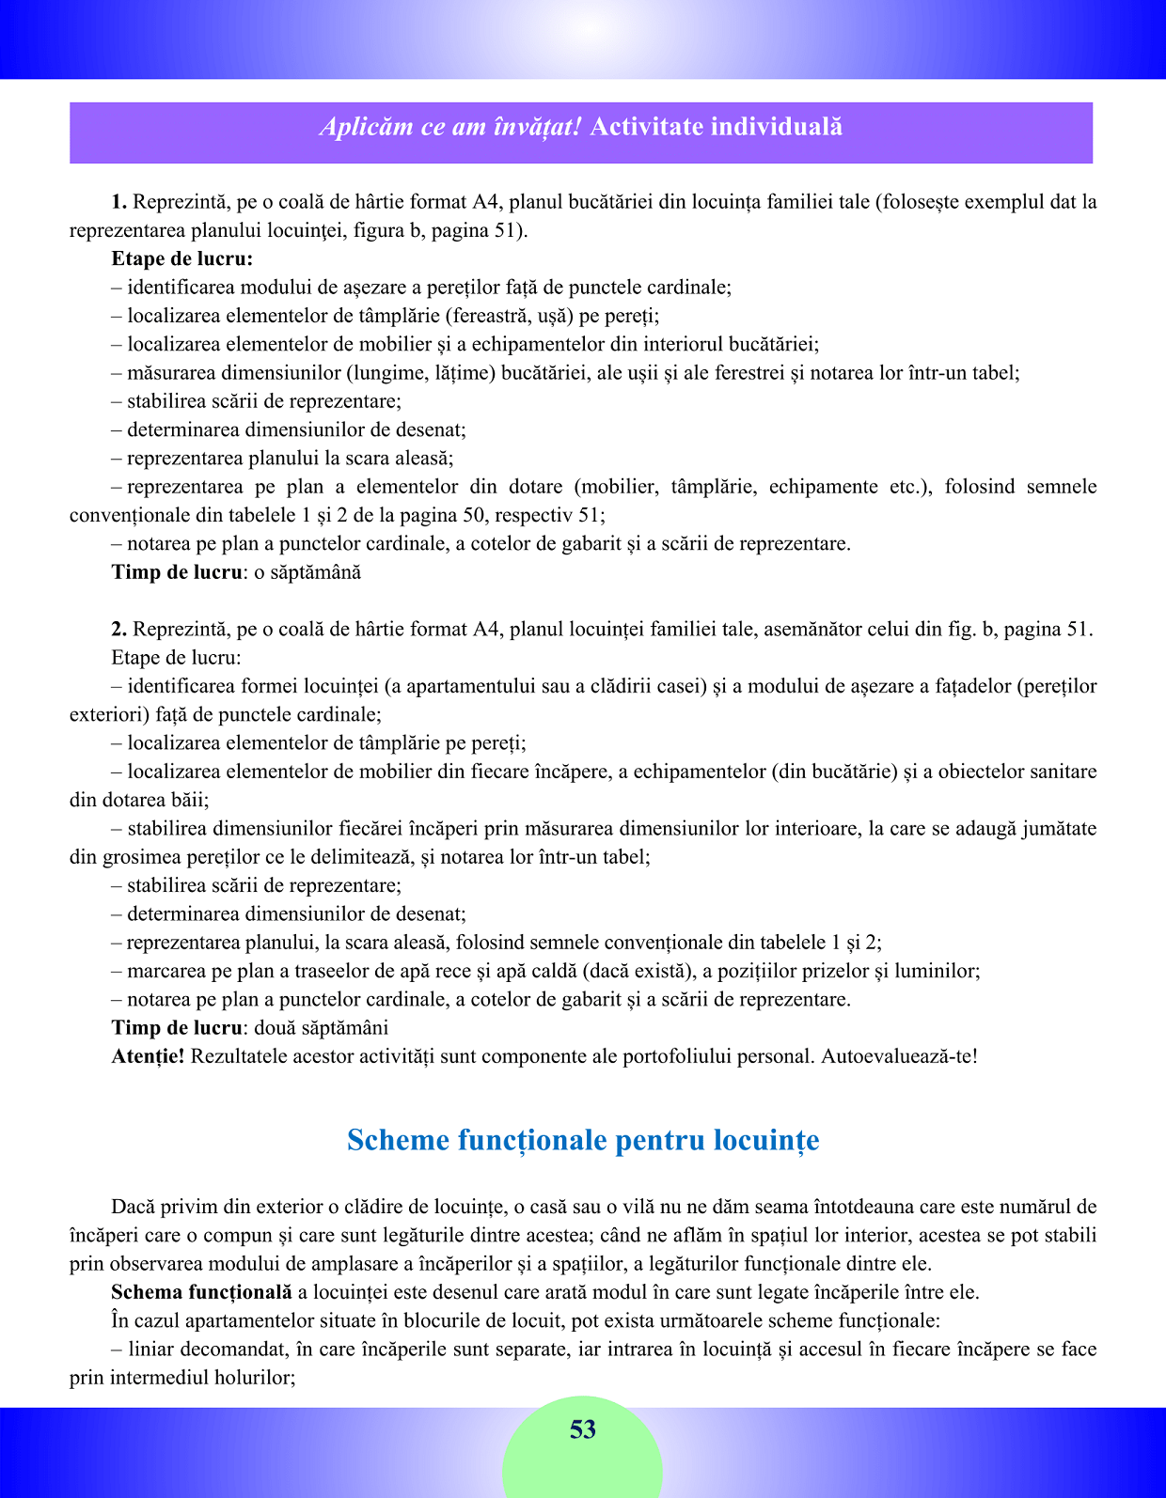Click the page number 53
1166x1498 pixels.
(x=582, y=1429)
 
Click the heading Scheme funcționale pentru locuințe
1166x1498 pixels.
(x=583, y=1140)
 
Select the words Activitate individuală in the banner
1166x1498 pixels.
(x=716, y=127)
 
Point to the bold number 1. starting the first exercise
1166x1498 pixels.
(x=119, y=202)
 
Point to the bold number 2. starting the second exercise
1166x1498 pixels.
(x=119, y=630)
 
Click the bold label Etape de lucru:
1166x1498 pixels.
(x=181, y=259)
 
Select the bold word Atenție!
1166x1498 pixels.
(x=148, y=1056)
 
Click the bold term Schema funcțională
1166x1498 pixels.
(x=201, y=1292)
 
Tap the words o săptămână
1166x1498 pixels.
(x=307, y=572)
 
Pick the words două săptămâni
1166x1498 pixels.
(x=321, y=1028)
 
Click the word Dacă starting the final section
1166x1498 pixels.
(x=132, y=1207)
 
